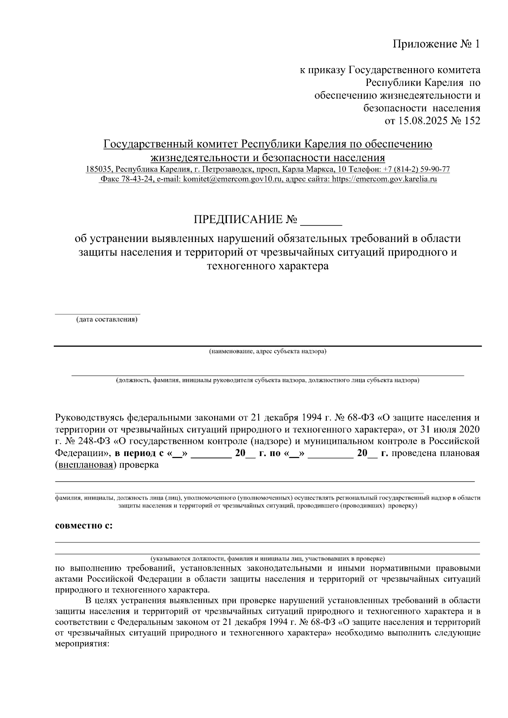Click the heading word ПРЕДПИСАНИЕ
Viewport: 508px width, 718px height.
pyautogui.click(x=238, y=220)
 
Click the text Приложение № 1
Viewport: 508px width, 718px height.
pyautogui.click(x=436, y=44)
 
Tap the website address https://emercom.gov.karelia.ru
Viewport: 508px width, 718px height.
pyautogui.click(x=384, y=179)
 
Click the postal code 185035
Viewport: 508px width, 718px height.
pyautogui.click(x=99, y=169)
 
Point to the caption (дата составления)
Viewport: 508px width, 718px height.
pyautogui.click(x=107, y=320)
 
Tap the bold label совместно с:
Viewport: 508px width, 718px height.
pyautogui.click(x=84, y=526)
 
